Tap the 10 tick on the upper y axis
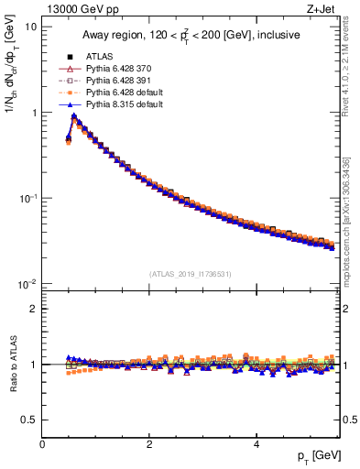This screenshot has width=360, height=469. click(30, 27)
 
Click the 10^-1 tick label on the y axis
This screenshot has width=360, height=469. click(27, 199)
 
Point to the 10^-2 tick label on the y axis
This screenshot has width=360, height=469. click(27, 285)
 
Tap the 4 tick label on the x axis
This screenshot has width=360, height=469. click(256, 445)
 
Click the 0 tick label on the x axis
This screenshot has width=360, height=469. click(42, 445)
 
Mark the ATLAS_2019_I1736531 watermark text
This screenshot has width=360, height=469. click(191, 274)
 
